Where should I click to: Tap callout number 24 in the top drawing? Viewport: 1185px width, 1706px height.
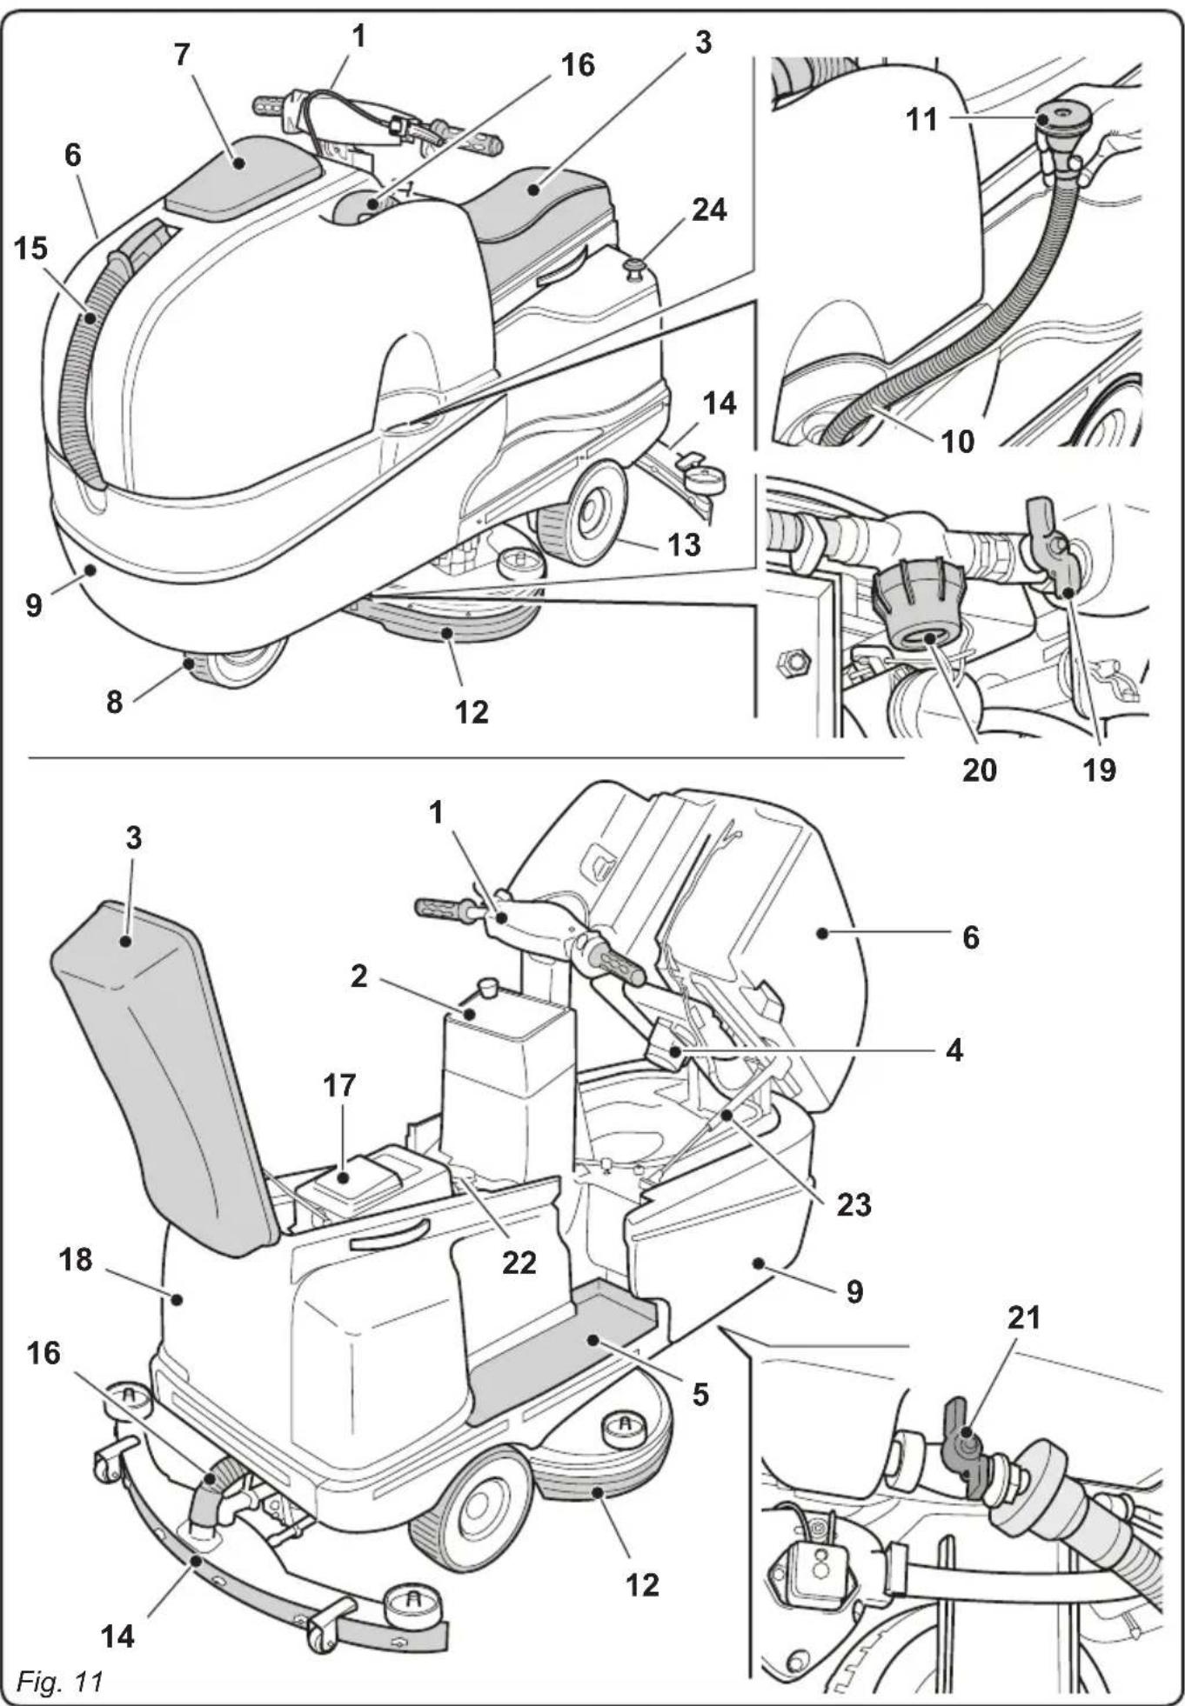[708, 210]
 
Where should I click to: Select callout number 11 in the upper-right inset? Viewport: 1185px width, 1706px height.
[921, 119]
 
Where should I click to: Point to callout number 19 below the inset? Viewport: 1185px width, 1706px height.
[1098, 770]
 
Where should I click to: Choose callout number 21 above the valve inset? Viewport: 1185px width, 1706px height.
[1023, 1318]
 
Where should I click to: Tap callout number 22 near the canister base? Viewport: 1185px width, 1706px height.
[519, 1262]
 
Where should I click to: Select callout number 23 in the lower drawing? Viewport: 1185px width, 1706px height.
[854, 1204]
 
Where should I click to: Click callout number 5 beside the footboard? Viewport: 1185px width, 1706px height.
[700, 1395]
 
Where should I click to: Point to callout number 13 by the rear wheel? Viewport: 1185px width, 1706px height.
[684, 544]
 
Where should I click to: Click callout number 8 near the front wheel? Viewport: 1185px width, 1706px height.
[114, 701]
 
